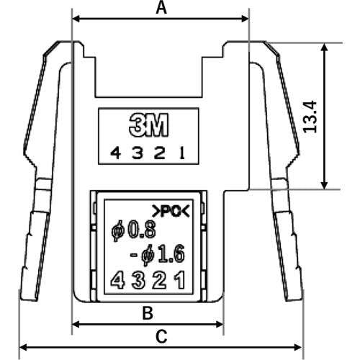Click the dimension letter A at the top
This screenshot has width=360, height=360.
161,8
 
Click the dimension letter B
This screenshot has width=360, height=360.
148,313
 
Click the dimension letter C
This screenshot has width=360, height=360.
161,336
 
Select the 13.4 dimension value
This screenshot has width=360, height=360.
310,117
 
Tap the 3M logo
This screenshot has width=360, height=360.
149,125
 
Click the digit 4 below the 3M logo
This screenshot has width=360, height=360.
115,153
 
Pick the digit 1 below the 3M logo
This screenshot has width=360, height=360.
182,153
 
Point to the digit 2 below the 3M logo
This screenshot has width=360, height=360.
159,153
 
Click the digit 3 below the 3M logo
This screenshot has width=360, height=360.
138,153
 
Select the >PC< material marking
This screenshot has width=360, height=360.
171,211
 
